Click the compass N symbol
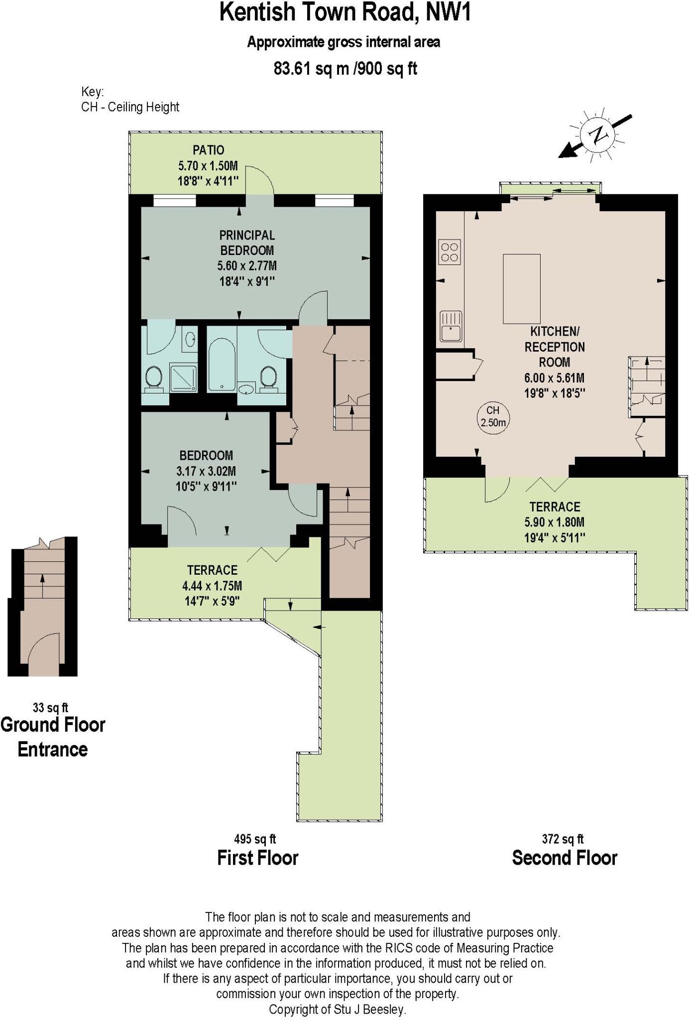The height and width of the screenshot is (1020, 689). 599,134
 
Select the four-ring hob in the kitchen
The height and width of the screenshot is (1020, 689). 450,252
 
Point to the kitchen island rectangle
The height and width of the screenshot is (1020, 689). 521,289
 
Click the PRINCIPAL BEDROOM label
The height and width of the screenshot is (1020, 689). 247,243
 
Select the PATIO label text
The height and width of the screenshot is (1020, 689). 209,150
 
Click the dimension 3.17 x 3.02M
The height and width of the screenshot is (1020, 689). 206,471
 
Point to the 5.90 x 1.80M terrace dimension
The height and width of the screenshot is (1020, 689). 554,522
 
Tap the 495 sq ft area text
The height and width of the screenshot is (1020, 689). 255,839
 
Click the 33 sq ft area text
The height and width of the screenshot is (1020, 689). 50,707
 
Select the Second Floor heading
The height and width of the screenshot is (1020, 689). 565,858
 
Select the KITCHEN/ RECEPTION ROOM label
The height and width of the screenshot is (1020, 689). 554,347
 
